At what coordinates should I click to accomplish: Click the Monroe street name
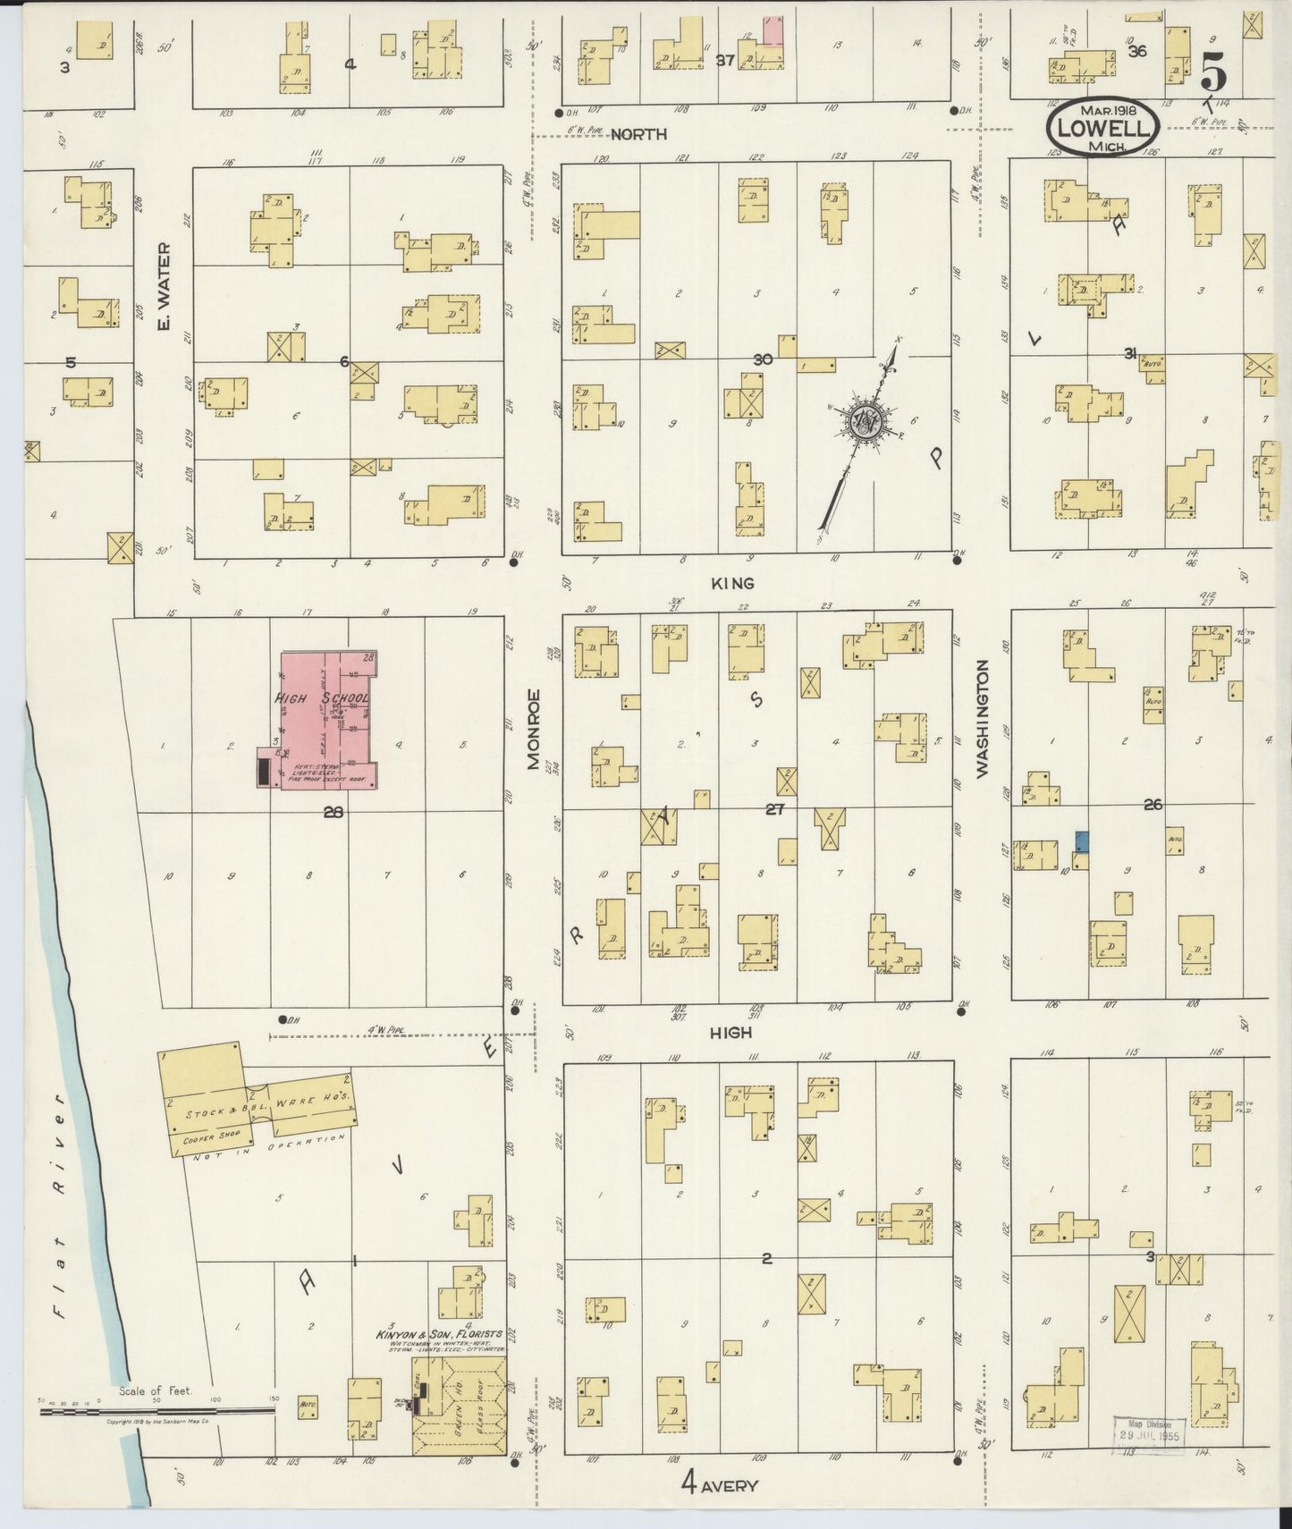535,729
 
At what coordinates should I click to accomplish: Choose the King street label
732,583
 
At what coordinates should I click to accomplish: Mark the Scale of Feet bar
156,1410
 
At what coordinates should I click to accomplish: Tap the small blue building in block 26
1082,841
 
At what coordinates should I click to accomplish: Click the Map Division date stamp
1149,1432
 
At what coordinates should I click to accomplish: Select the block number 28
334,813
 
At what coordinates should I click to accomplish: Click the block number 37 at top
725,61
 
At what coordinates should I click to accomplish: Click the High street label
730,1032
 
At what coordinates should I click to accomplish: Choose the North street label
638,134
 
